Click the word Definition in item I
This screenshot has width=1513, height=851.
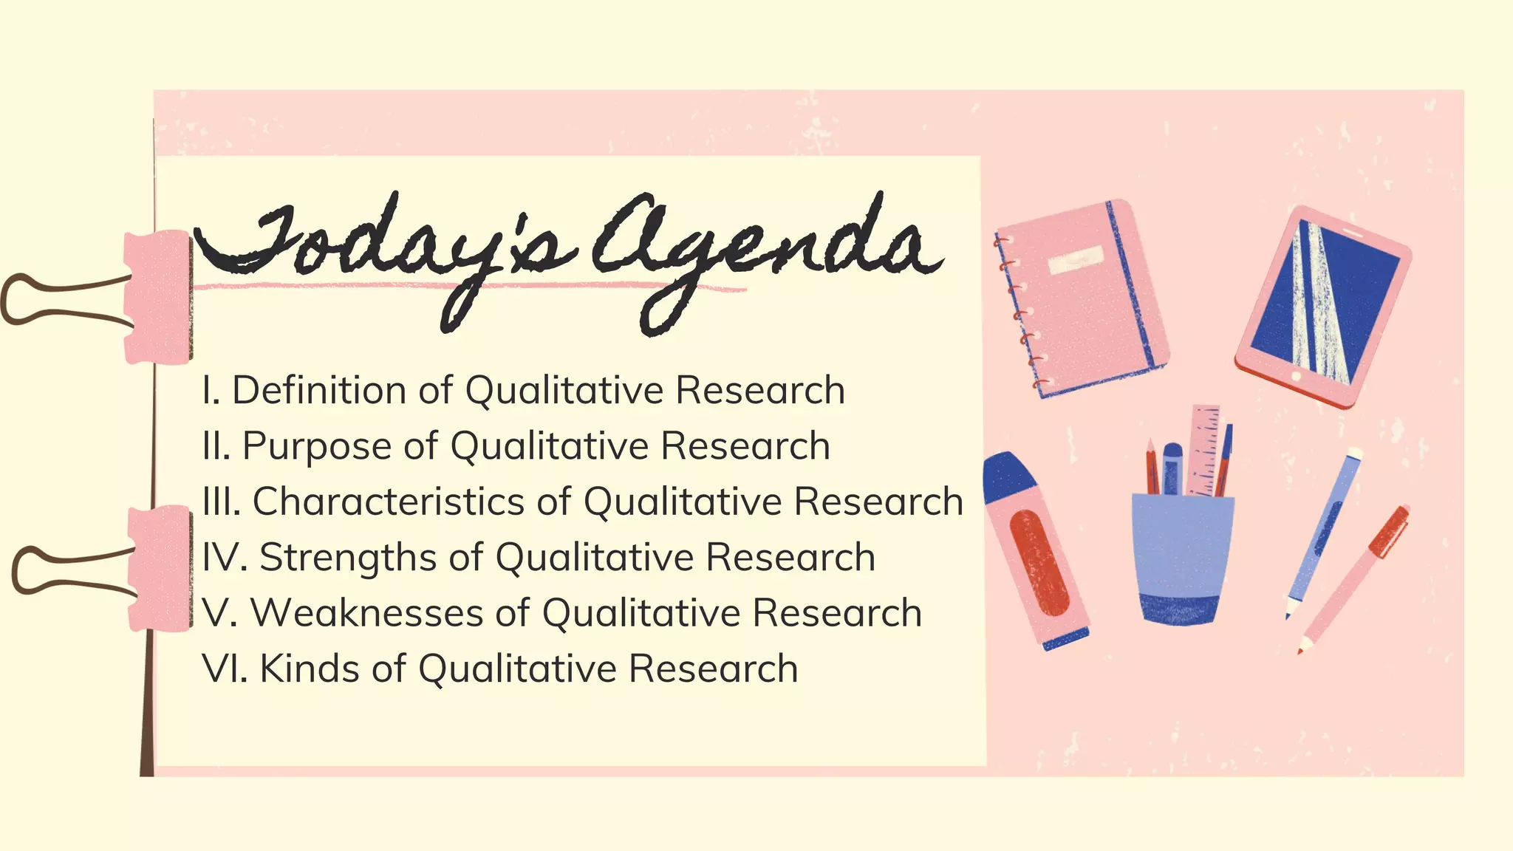(319, 390)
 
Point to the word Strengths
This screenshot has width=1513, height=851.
(348, 557)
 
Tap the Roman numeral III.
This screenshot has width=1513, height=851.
(222, 502)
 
